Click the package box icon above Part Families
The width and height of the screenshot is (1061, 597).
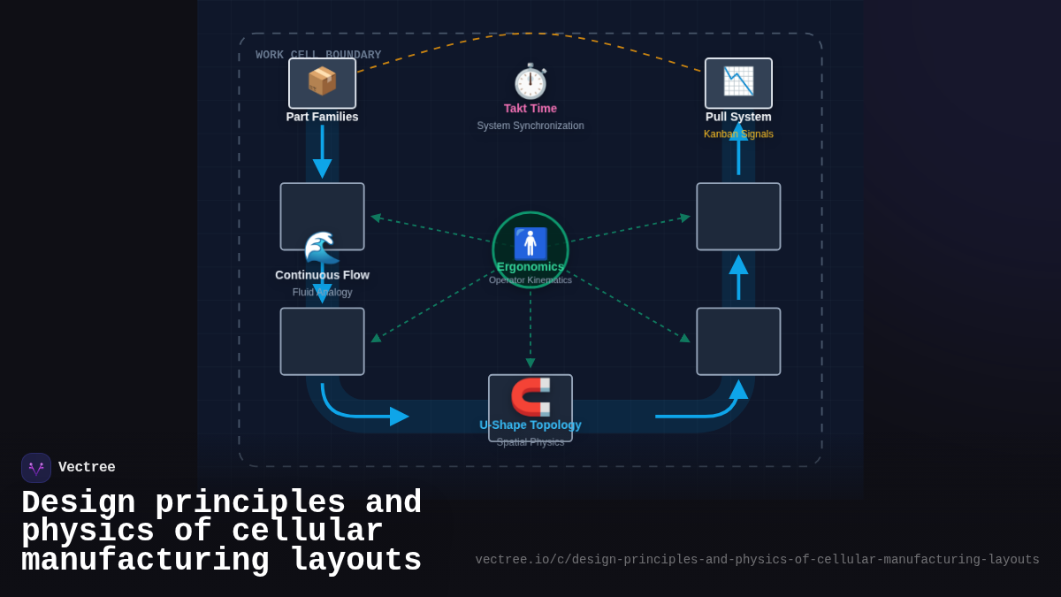[322, 82]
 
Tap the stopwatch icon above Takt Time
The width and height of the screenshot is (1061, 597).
[530, 81]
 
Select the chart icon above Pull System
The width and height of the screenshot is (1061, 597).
[738, 82]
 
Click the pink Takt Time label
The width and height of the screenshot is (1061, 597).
[530, 109]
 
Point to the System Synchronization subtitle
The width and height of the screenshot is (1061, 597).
[530, 126]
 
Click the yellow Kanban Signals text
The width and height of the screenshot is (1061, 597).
[738, 134]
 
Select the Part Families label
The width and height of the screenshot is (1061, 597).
[322, 117]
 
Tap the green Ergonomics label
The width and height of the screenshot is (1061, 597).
[530, 266]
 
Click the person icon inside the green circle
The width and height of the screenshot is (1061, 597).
[530, 243]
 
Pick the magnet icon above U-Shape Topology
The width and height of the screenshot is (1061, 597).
[530, 396]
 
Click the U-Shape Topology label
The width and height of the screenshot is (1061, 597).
[530, 425]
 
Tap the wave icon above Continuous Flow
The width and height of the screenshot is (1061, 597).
[322, 248]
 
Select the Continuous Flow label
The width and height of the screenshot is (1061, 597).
[322, 275]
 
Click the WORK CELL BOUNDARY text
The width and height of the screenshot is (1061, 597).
[318, 55]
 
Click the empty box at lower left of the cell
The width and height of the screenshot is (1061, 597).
[322, 341]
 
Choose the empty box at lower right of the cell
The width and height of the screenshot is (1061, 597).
[738, 341]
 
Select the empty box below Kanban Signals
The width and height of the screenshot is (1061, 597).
[738, 217]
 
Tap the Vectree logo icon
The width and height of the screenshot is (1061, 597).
[36, 468]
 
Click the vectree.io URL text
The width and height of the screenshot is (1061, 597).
[757, 560]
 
